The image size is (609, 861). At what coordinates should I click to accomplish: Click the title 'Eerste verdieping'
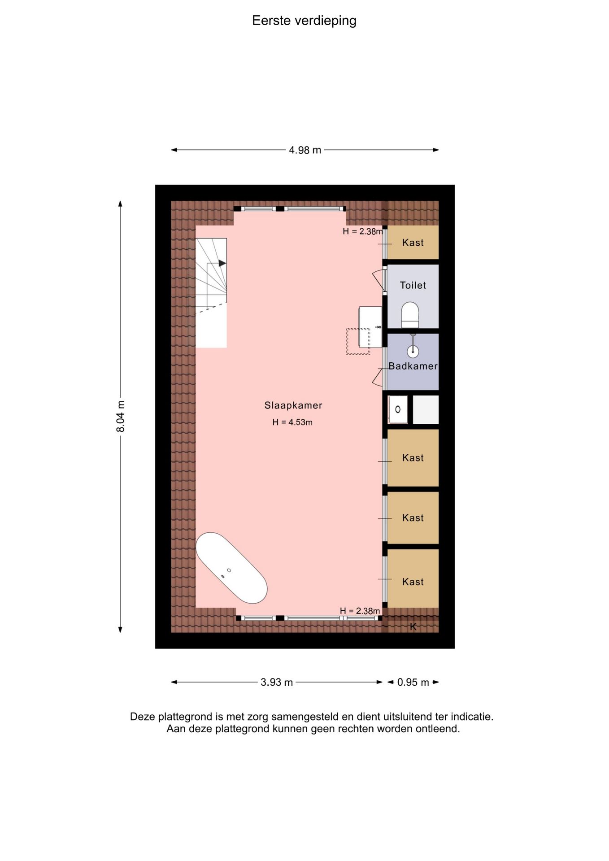coord(304,21)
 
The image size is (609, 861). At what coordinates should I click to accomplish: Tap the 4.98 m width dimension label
coord(305,150)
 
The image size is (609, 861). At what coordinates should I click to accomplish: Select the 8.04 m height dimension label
coord(121,417)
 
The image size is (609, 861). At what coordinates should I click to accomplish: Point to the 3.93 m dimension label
coord(277,682)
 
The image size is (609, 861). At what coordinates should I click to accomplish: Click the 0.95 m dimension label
coord(413,682)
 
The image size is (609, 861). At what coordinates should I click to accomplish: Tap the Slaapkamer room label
coord(293,405)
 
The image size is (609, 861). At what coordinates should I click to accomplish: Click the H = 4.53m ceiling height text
coord(292,422)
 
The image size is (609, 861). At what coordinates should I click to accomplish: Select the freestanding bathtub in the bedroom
coord(231,568)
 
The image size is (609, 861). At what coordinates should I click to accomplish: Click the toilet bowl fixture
coord(410,315)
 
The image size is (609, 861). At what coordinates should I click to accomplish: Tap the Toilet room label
coord(413,285)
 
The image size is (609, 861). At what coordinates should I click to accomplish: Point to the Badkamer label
coord(413,366)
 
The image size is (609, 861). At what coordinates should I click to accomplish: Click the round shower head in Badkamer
coord(413,351)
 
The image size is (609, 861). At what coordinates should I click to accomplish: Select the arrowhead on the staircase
coord(222,263)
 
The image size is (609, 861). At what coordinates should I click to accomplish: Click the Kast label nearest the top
coord(413,243)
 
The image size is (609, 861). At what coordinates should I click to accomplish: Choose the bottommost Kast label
coord(413,582)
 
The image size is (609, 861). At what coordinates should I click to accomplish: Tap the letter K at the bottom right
coord(413,627)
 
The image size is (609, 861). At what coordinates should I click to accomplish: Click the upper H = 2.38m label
coord(363,231)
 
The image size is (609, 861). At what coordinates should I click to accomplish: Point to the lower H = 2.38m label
coord(360,611)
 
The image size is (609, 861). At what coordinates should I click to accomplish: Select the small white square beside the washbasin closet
coord(425,409)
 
